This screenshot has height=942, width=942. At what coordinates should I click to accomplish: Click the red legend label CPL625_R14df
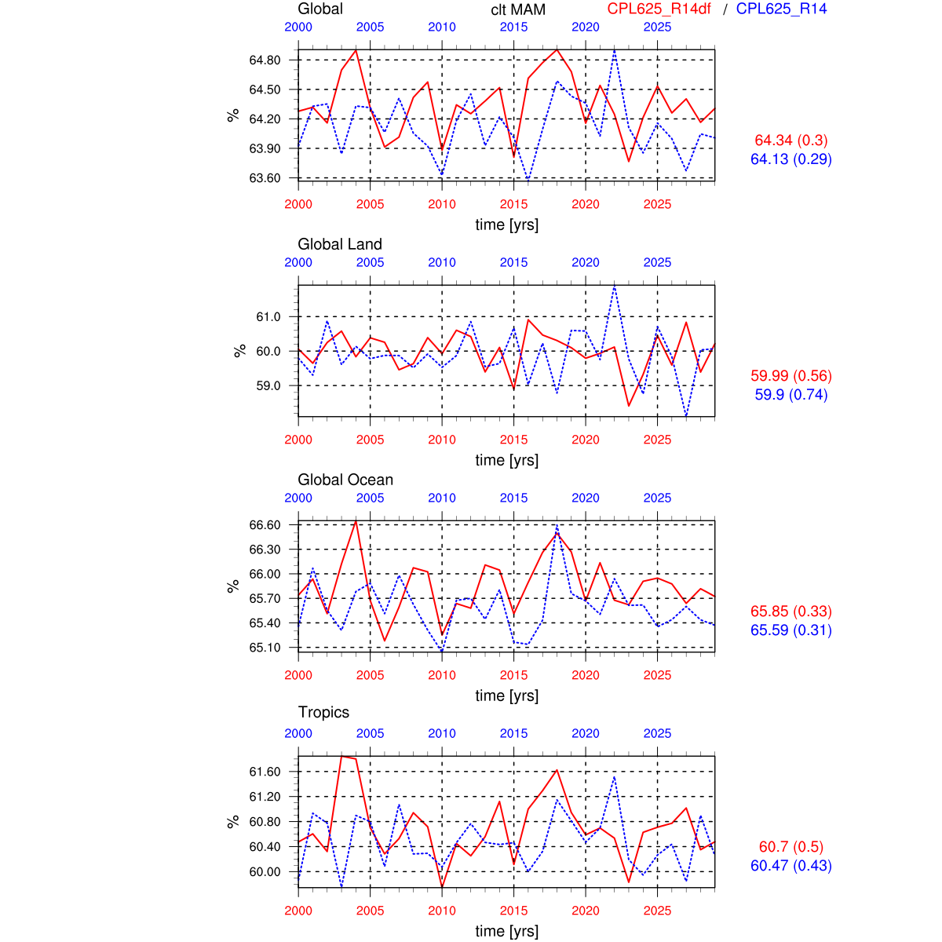point(659,9)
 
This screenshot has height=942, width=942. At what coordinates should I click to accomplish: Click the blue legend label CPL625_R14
point(781,9)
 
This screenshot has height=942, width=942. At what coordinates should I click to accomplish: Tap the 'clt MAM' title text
point(518,10)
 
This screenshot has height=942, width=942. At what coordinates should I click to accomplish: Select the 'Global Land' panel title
point(340,244)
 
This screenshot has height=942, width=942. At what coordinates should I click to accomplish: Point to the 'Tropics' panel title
point(323,712)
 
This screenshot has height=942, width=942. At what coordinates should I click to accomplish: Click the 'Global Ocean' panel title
point(345,480)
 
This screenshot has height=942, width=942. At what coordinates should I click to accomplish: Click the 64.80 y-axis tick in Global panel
point(265,60)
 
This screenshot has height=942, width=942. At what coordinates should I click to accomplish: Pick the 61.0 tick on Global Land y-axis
point(268,316)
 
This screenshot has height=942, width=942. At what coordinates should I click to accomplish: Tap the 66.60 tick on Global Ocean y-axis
point(265,524)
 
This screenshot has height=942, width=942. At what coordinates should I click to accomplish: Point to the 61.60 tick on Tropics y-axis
point(265,772)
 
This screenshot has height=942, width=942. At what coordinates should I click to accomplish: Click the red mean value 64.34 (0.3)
point(791,141)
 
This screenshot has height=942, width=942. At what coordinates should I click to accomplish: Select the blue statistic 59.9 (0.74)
point(791,395)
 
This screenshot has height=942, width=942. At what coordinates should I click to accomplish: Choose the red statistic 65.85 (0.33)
point(791,612)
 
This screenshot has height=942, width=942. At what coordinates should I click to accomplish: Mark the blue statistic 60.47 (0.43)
point(791,866)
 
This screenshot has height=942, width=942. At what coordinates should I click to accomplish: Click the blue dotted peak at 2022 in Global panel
point(614,49)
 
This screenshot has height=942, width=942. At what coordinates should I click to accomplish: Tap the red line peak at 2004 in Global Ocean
point(356,520)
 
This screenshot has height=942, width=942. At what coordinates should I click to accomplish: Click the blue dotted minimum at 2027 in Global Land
point(686,416)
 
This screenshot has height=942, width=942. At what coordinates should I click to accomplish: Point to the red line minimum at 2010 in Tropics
point(442,887)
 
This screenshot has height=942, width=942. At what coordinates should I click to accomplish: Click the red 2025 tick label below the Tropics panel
point(657,911)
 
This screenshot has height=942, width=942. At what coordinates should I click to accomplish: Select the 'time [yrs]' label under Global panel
point(506,225)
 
